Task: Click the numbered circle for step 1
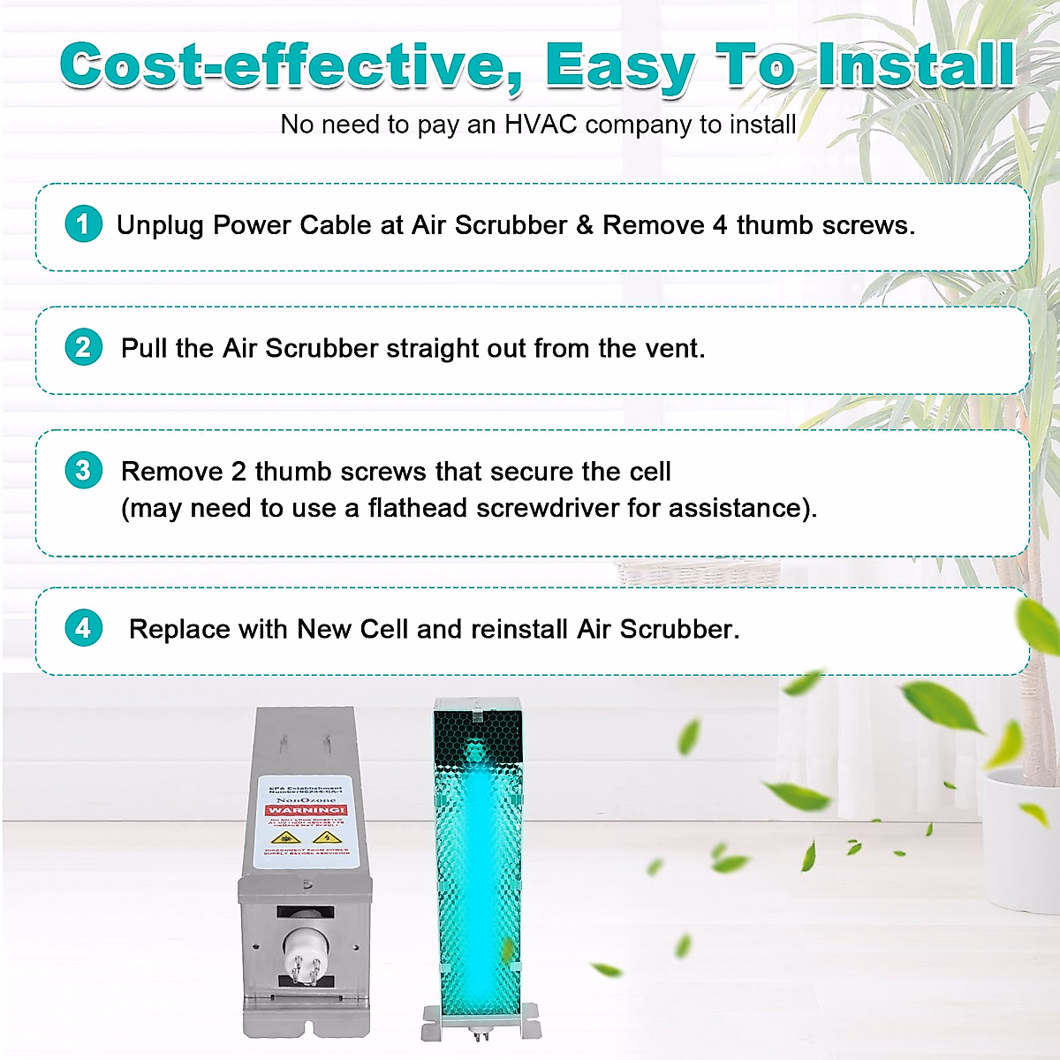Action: tap(84, 223)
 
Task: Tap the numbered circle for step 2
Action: tap(84, 347)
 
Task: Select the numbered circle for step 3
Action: tap(84, 470)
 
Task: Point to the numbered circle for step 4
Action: tap(84, 628)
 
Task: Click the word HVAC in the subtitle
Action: tap(540, 125)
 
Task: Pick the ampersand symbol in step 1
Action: tap(585, 225)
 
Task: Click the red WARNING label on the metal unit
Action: tap(307, 809)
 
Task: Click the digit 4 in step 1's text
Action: tap(720, 225)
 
